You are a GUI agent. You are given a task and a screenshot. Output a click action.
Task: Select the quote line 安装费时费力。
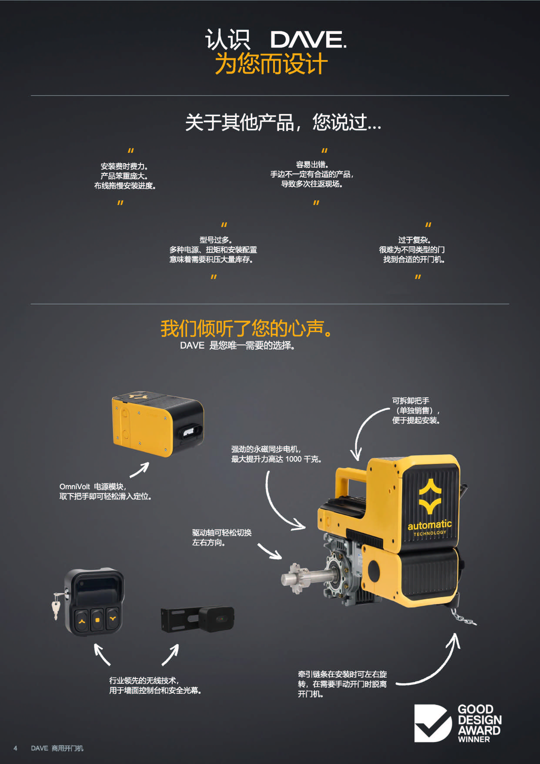pos(124,166)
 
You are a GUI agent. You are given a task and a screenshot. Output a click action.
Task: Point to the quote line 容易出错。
pos(312,164)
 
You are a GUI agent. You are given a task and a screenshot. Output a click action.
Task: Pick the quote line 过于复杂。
pos(414,240)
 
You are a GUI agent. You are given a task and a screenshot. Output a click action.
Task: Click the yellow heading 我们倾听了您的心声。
pos(246,328)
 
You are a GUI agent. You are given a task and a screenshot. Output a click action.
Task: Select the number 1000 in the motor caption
pos(293,459)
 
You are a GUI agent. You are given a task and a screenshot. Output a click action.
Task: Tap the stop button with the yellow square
pos(97,620)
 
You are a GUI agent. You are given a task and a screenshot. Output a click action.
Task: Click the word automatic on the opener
pos(429,525)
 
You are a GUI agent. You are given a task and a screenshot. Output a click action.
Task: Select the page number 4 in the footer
pos(15,748)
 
